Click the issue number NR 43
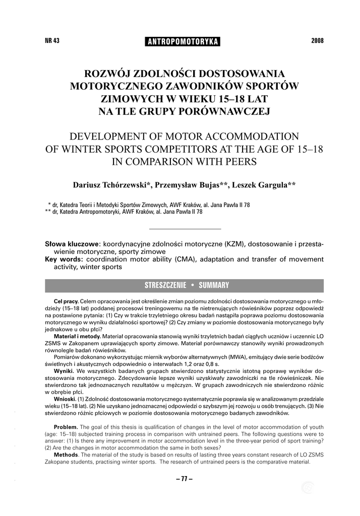[x=52, y=41]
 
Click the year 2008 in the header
[x=317, y=41]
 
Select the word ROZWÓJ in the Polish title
[x=107, y=73]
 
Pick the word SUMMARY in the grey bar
[x=214, y=285]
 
